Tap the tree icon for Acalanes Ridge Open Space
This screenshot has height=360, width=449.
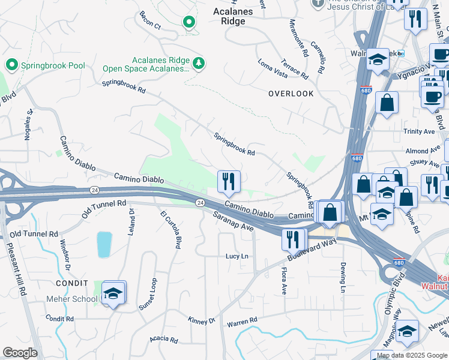(199, 62)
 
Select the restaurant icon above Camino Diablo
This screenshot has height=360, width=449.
(229, 182)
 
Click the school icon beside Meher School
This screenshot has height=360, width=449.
(113, 293)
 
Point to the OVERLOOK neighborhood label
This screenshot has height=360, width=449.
(291, 94)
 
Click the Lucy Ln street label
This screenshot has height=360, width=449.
(237, 256)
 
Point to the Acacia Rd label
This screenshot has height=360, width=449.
(164, 340)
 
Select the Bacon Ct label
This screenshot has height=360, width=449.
(150, 20)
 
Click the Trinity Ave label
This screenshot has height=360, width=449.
(419, 131)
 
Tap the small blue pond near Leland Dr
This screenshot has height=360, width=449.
(104, 244)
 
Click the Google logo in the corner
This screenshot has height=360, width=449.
(20, 353)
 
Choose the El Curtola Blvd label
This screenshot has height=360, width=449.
(170, 230)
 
